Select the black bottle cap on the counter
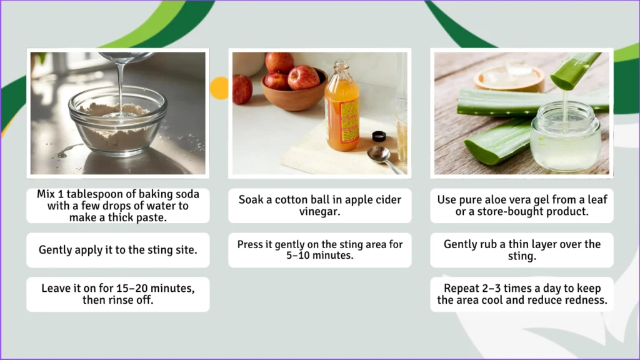coord(378,136)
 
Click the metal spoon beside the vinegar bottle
coord(381,157)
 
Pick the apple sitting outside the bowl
coord(242,89)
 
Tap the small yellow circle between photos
coord(219,88)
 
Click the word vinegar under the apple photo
coord(319,212)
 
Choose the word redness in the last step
coord(586,300)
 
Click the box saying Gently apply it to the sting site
coord(118,250)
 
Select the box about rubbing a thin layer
coord(522,250)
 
